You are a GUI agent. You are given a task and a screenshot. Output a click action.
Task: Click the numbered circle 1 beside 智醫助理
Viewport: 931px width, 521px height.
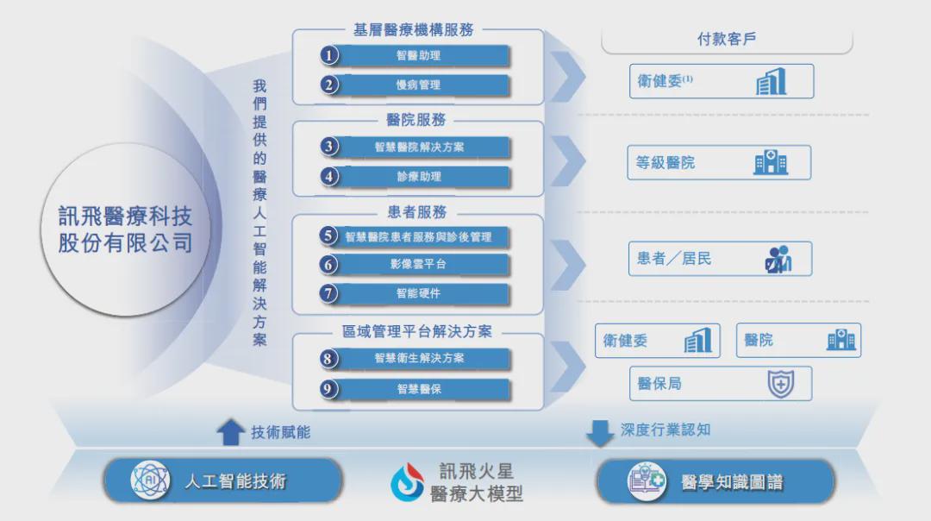point(329,55)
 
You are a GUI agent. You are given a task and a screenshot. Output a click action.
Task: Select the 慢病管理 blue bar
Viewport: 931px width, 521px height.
point(419,85)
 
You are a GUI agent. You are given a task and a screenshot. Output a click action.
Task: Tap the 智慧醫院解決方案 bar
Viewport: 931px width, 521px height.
point(419,147)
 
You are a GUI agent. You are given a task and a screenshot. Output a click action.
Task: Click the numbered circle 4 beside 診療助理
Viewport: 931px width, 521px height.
point(329,177)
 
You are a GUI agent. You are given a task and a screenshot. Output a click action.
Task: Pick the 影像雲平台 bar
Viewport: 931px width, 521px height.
point(419,264)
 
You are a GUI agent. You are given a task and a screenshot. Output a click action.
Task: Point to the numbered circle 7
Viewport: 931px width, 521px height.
point(329,293)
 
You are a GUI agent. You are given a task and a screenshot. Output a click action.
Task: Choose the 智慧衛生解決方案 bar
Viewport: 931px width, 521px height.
point(419,358)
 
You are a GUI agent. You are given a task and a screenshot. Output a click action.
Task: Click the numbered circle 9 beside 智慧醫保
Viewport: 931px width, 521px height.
point(329,389)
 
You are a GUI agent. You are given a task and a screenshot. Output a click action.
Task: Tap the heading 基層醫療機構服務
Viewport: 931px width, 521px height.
point(413,29)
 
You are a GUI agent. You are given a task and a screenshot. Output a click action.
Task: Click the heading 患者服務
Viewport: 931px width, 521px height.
point(417,212)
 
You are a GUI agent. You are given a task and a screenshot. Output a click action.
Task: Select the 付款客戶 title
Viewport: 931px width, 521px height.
point(726,39)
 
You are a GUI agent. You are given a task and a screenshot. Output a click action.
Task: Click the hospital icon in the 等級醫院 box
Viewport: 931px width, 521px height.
point(771,162)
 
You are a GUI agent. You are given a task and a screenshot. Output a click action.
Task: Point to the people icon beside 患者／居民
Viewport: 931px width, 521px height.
point(778,259)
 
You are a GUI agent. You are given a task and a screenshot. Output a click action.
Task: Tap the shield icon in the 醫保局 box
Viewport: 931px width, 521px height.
point(780,384)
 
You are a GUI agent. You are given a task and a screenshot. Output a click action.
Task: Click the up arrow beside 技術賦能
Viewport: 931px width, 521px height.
point(231,432)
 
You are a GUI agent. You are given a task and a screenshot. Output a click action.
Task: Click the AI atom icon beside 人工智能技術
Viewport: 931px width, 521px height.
point(150,480)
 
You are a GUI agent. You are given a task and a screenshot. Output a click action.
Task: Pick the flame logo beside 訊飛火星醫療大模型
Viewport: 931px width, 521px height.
point(407,482)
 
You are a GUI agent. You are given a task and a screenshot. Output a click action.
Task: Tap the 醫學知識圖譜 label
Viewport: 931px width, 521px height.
point(732,482)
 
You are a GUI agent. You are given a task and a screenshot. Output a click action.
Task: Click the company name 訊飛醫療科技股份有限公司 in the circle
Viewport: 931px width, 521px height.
point(125,229)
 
